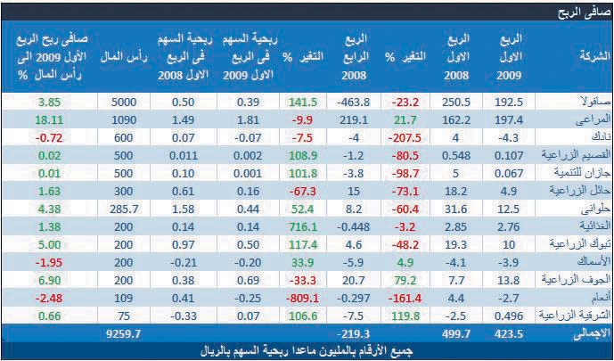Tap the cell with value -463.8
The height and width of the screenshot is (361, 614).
(353, 103)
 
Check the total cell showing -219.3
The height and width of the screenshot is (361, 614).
(353, 332)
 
